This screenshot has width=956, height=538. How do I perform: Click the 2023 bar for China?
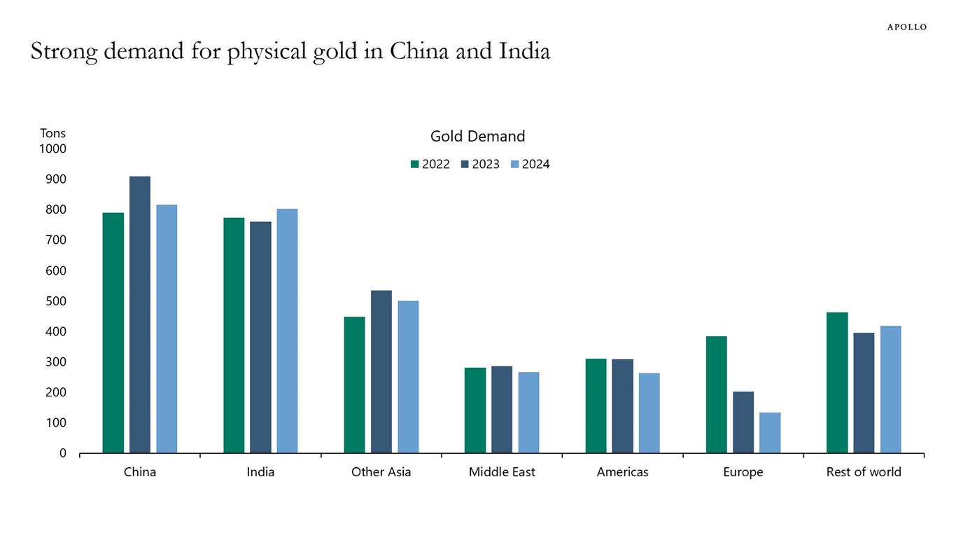(x=139, y=315)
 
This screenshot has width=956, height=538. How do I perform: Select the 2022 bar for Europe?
(x=716, y=394)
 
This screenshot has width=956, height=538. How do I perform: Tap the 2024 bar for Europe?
(x=770, y=432)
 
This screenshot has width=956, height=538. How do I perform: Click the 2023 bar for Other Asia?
(x=381, y=371)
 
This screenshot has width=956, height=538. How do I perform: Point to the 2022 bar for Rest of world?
(x=837, y=382)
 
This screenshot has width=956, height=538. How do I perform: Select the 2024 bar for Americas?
(x=649, y=413)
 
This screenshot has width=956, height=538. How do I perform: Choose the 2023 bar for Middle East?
(x=502, y=409)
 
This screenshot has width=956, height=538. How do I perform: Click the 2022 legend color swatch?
(x=414, y=165)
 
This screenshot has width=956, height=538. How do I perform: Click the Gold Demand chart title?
(x=477, y=137)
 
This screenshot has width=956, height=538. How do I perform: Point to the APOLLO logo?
(x=906, y=27)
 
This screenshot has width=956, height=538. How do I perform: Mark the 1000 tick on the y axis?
(x=52, y=149)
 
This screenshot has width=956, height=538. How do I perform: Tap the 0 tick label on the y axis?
(x=62, y=453)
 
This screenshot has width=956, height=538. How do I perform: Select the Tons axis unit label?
(x=52, y=133)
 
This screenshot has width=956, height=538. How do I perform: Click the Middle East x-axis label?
(x=502, y=472)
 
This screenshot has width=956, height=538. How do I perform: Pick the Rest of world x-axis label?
(x=864, y=472)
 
